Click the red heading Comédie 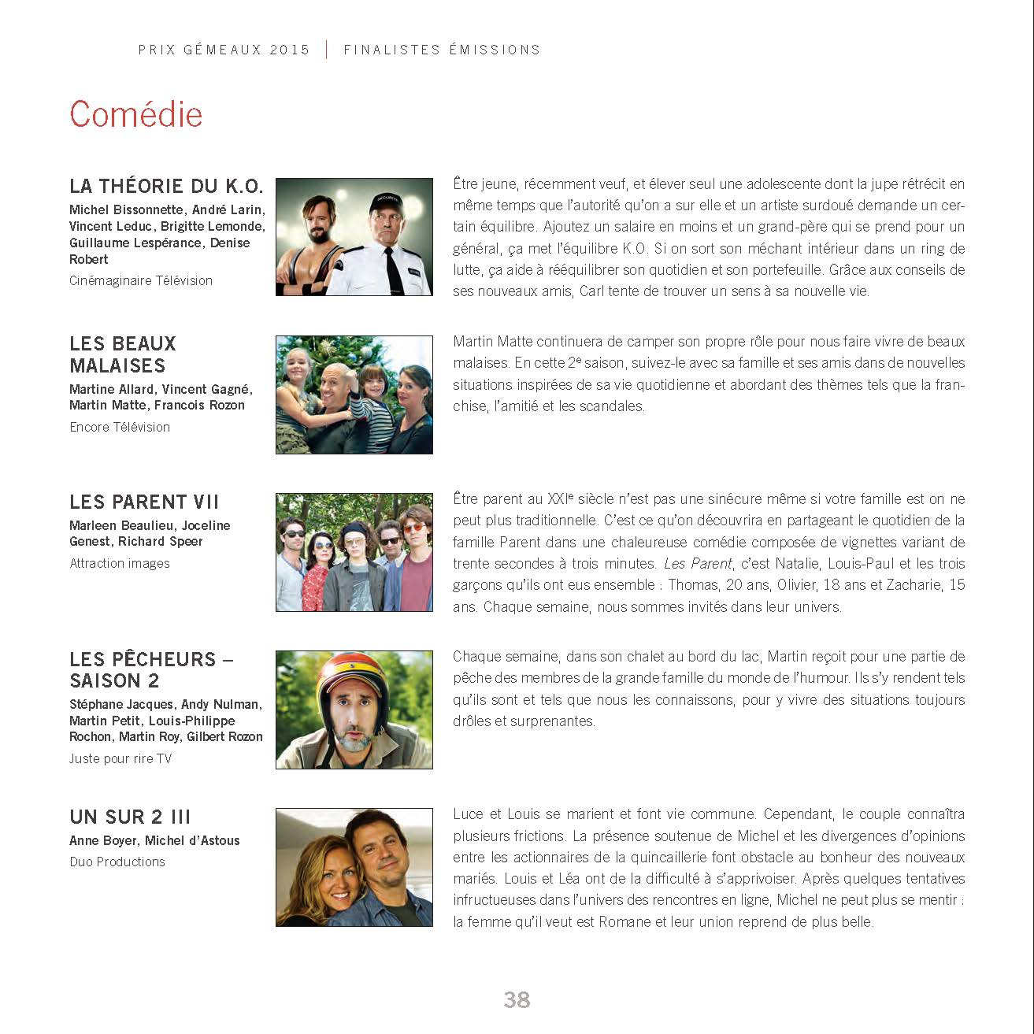click(x=135, y=114)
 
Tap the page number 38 click(x=517, y=999)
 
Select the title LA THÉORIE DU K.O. click(x=166, y=187)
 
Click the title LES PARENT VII click(x=144, y=502)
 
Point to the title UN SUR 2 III click(x=130, y=817)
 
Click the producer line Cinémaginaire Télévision click(x=141, y=280)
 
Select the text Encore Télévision click(x=120, y=427)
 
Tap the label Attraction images click(x=120, y=563)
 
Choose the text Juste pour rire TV click(x=120, y=758)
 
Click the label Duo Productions click(x=117, y=862)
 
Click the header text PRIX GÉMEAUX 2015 click(x=224, y=50)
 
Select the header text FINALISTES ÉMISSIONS click(x=442, y=50)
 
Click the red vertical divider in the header click(x=327, y=50)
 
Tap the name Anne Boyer click(x=102, y=840)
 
